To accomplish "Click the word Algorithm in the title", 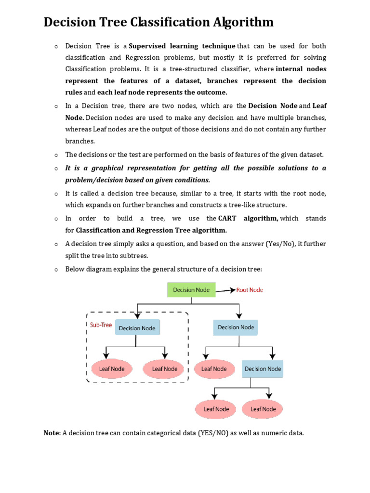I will [238, 22].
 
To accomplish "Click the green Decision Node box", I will [191, 290].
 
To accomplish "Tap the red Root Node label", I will [249, 290].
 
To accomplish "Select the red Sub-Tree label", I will [101, 325].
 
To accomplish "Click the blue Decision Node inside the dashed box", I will [137, 328].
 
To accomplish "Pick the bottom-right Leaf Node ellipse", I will [263, 409].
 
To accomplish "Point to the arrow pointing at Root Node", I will [225, 290].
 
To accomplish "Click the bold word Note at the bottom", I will [51, 433].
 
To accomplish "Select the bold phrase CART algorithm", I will [248, 218].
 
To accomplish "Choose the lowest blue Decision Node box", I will [263, 369].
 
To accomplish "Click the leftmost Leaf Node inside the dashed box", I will [112, 369].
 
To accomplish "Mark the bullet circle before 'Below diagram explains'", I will [56, 269].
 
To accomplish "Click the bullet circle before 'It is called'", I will [56, 194].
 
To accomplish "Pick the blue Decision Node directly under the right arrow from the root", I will [236, 327].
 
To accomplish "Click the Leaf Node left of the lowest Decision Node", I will [214, 369].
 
